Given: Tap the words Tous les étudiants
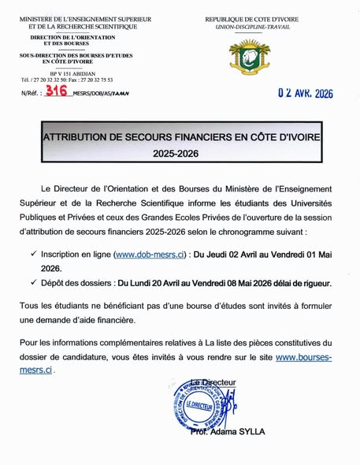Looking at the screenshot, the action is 67,304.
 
